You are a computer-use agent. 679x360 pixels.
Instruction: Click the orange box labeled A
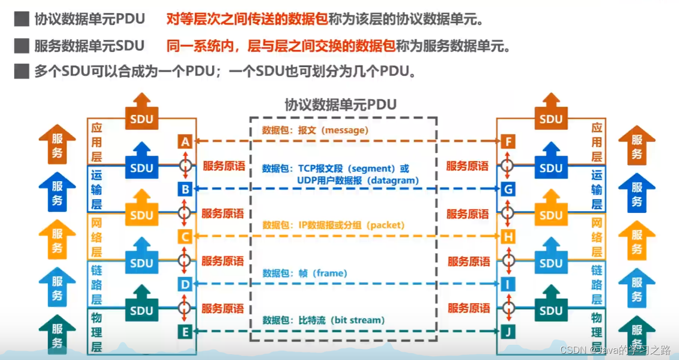[x=184, y=142]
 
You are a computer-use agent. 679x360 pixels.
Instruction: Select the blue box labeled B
[x=184, y=189]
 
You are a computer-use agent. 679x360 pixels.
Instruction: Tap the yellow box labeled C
[x=184, y=237]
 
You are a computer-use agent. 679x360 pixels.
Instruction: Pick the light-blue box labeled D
[x=184, y=284]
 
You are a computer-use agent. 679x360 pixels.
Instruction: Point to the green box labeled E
[x=184, y=332]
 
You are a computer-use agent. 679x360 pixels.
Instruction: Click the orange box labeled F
[x=508, y=142]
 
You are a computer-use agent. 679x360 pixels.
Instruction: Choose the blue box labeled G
[x=508, y=189]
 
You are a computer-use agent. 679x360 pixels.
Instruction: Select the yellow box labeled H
[x=508, y=237]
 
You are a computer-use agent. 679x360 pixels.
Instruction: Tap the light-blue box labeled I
[x=508, y=284]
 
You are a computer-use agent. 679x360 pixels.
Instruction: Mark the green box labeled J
[x=508, y=332]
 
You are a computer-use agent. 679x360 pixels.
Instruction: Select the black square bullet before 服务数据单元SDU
[x=22, y=46]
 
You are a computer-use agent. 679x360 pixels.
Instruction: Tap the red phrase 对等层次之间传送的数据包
[x=246, y=20]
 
